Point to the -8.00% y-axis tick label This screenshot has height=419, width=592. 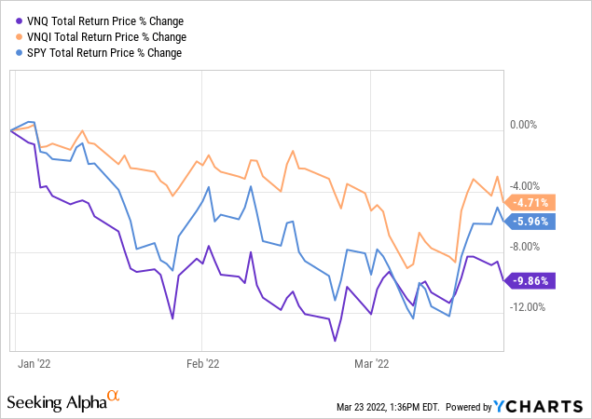click(x=528, y=247)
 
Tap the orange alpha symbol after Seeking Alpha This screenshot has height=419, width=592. click(x=114, y=397)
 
